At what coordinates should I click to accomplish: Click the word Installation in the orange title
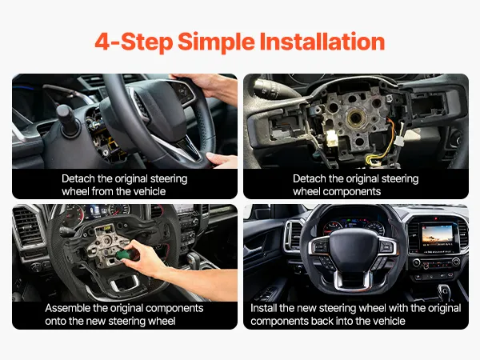click(322, 42)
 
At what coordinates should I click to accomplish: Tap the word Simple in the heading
click(216, 42)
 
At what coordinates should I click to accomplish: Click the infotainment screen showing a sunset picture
click(437, 236)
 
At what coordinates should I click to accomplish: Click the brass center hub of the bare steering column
click(356, 118)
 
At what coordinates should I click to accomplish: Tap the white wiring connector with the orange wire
click(399, 140)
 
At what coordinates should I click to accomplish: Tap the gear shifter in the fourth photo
click(443, 292)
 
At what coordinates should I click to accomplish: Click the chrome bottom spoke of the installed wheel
click(353, 278)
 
